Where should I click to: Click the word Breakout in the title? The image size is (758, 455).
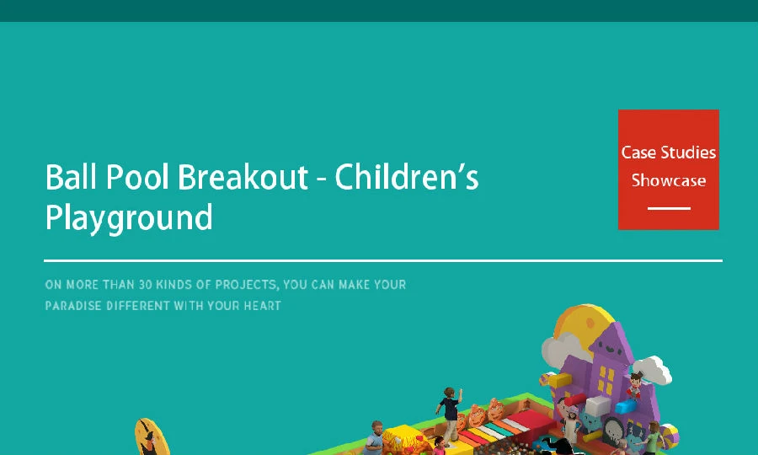coord(243,176)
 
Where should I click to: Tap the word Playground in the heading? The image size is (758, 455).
coord(129,218)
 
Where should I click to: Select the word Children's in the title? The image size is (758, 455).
coord(406,176)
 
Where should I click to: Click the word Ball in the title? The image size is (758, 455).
coord(71,176)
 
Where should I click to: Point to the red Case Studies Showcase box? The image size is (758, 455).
coord(669,169)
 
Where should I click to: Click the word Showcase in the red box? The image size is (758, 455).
coord(669,180)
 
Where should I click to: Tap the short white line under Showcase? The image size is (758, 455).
coord(669,208)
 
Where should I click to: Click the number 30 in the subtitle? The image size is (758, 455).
coord(146,284)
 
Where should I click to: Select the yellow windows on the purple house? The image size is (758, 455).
coord(606,379)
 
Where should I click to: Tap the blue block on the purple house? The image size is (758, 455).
coord(625,406)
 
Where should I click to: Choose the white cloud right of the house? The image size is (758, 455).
coord(653,369)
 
